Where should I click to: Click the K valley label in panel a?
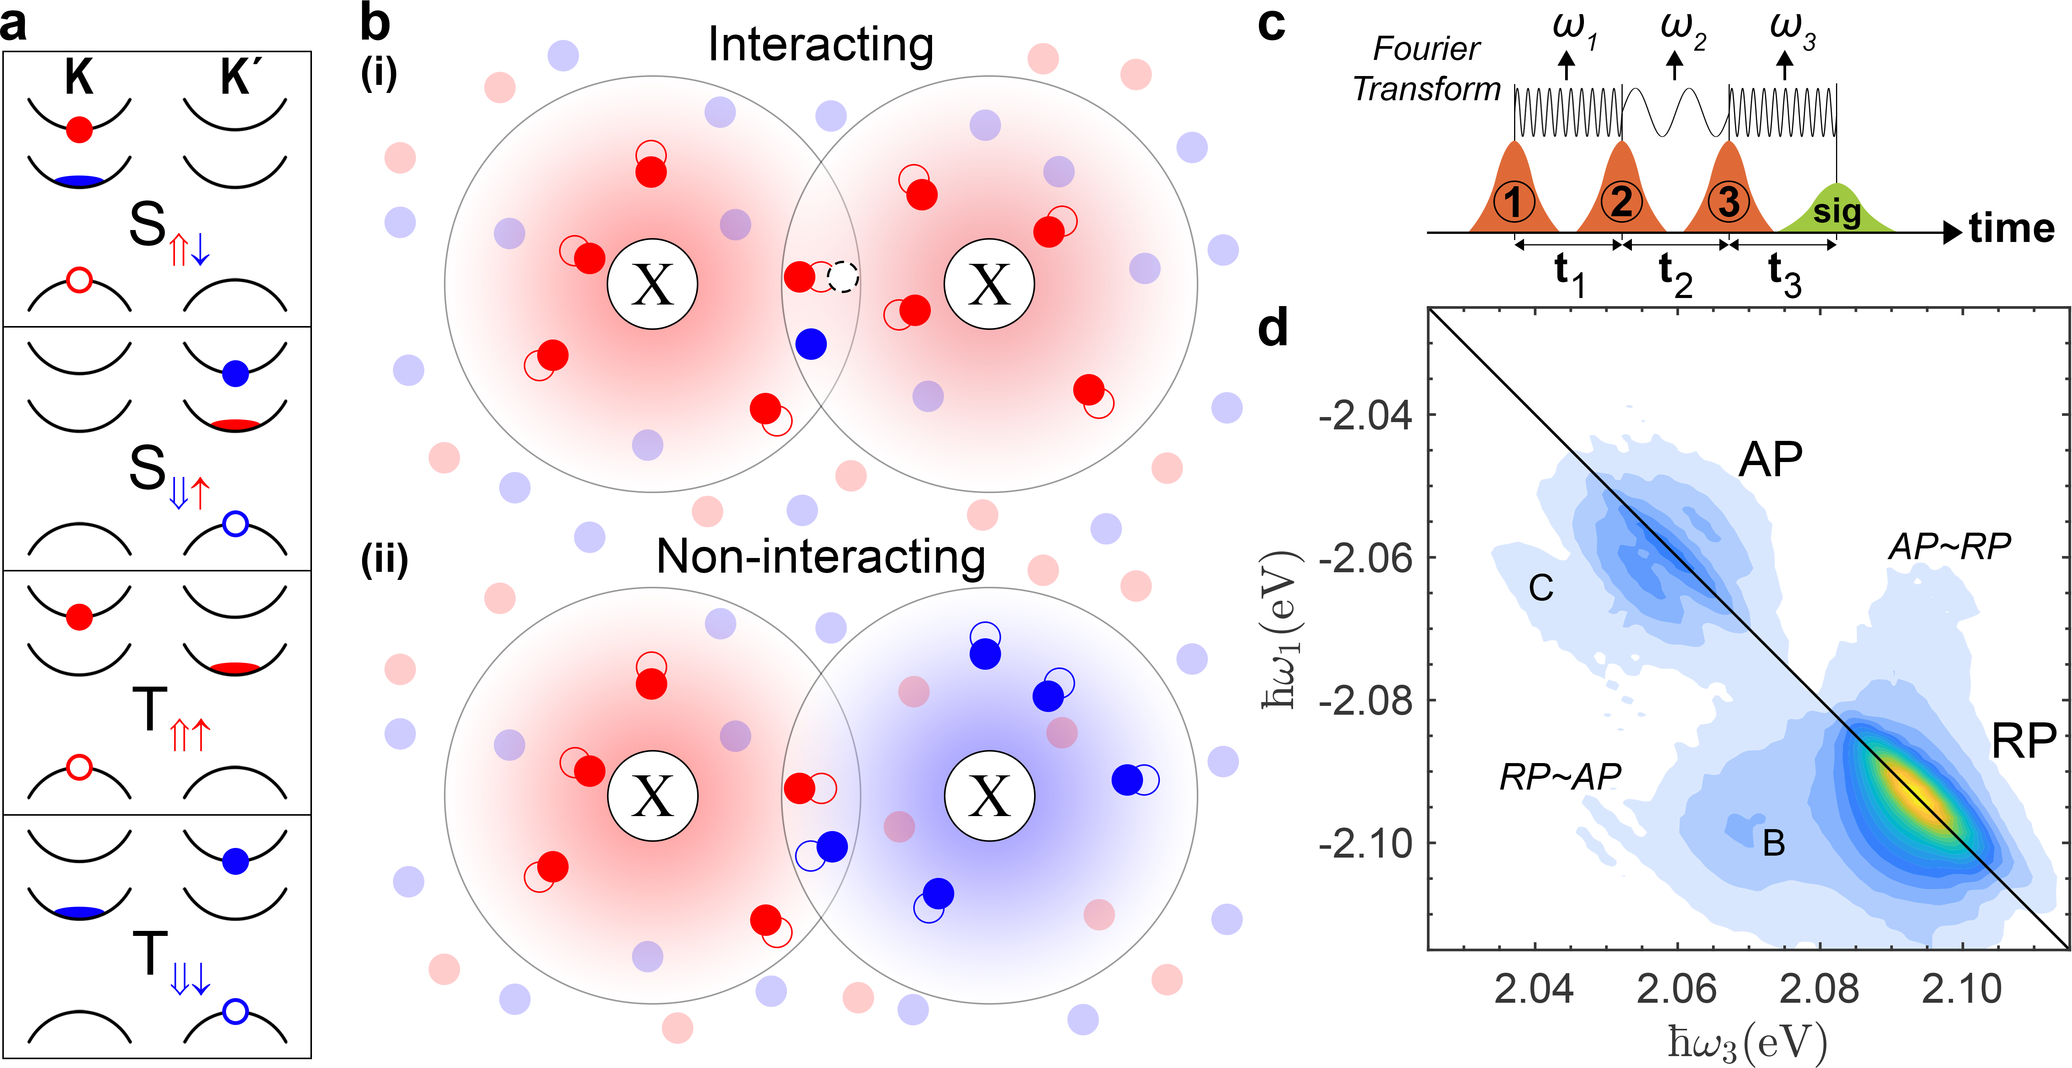[x=79, y=78]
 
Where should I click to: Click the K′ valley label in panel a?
[x=236, y=78]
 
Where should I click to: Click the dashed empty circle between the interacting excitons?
[x=843, y=277]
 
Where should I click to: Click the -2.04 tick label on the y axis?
[x=1365, y=416]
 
